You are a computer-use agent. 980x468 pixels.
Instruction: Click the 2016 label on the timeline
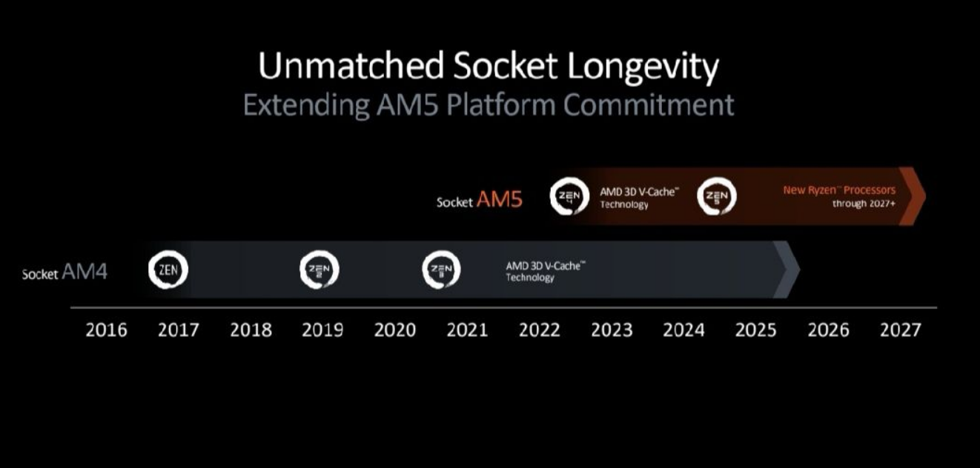pos(106,330)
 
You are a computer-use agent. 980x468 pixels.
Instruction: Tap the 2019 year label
pos(323,330)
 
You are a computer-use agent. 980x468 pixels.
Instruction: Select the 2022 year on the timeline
pos(540,330)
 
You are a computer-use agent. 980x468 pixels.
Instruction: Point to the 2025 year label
pos(755,330)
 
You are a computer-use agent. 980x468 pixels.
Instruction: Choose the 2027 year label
pos(901,330)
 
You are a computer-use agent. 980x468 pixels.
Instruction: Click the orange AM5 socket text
pos(499,200)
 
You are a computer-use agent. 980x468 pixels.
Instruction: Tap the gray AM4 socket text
pos(85,271)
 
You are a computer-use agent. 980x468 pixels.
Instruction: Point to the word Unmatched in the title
pos(351,66)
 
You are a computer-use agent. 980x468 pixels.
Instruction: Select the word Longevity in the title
pos(643,67)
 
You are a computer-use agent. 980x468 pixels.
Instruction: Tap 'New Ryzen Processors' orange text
pos(839,190)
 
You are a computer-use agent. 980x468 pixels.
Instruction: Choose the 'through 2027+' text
pos(864,204)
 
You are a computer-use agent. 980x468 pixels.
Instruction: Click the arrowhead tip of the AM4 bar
pos(800,270)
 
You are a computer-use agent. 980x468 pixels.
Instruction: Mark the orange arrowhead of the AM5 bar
pos(913,196)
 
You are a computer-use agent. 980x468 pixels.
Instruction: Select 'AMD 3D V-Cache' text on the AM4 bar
pos(546,266)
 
